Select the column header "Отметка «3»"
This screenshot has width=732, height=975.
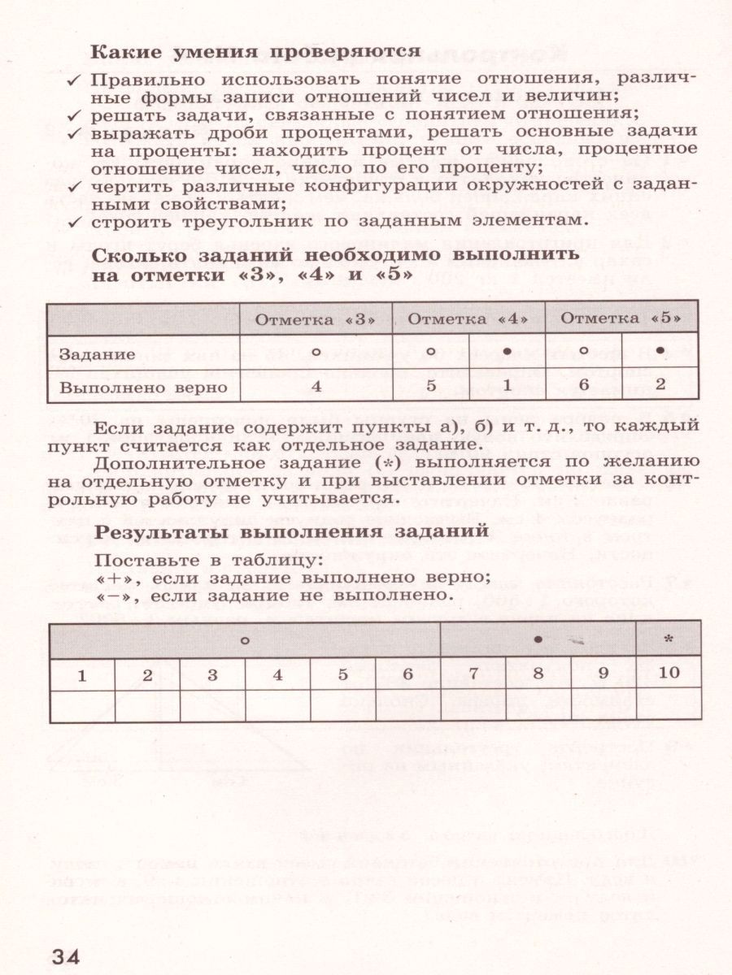316,319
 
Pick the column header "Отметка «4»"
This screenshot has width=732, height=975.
468,319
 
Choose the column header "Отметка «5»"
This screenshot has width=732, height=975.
621,319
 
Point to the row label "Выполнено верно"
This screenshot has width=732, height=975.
143,387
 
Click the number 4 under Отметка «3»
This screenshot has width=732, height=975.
316,387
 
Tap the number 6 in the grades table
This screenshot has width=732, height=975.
583,387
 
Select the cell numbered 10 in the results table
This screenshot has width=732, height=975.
669,674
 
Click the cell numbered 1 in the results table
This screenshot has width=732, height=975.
81,674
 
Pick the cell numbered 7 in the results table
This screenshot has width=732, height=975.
473,674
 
